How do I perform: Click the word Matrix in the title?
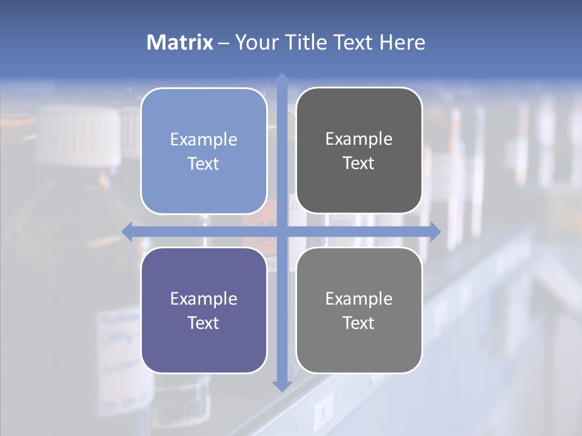point(180,42)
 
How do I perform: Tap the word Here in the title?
point(402,42)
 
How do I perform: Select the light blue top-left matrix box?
point(204,151)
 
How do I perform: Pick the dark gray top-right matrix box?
point(359,151)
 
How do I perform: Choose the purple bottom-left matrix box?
point(204,310)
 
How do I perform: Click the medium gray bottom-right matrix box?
point(359,310)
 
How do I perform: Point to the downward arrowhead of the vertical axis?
point(281,386)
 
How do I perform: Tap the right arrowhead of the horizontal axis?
point(435,231)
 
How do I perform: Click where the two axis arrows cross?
point(281,231)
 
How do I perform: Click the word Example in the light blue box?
point(204,139)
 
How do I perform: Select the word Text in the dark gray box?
point(359,163)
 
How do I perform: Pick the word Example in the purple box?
point(204,299)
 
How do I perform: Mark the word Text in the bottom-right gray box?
point(359,323)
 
